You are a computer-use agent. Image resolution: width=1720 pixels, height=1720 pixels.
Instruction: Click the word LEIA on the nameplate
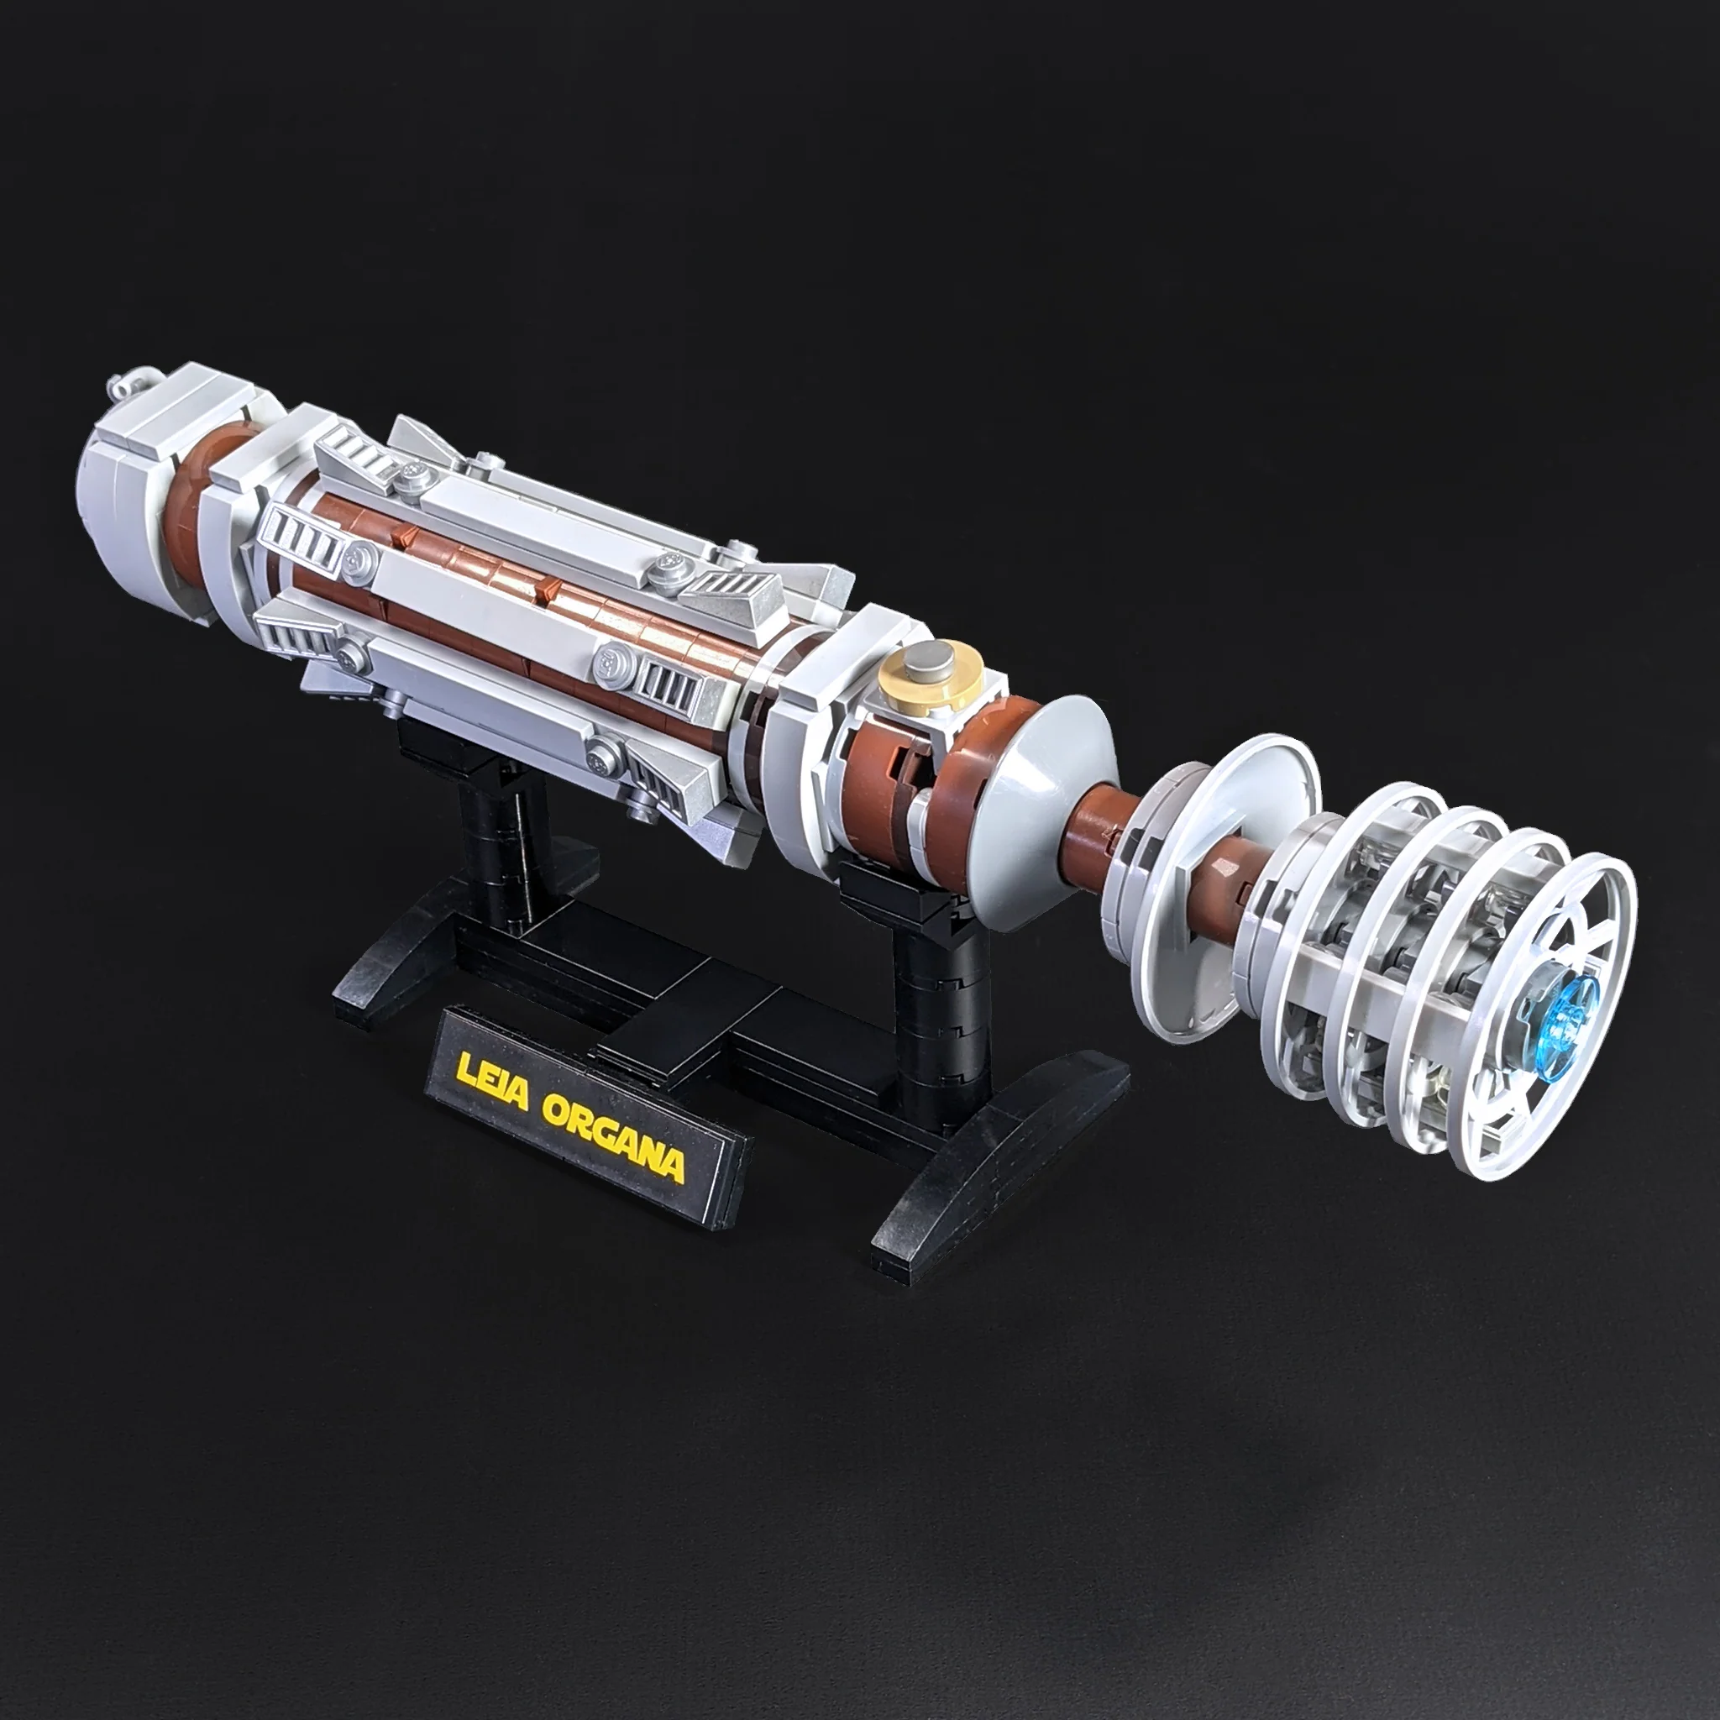pyautogui.click(x=491, y=1084)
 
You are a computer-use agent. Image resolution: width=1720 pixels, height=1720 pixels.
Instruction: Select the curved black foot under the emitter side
pyautogui.click(x=997, y=1157)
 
